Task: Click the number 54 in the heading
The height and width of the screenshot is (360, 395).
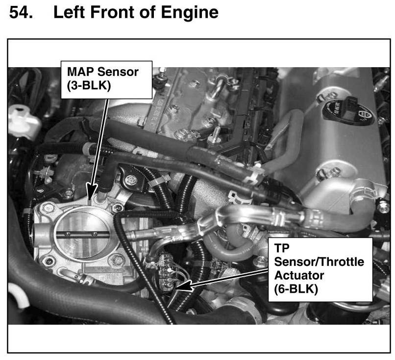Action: coord(21,12)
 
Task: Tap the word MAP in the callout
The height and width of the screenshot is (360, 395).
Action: coord(80,72)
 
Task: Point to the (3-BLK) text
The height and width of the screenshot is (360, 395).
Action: coord(89,86)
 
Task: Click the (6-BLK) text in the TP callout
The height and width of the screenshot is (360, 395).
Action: coord(296,289)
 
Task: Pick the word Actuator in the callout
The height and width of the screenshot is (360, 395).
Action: coord(299,275)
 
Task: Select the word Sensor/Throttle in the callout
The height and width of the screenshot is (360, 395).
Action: coord(319,262)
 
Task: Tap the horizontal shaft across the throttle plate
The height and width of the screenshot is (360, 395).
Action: coord(83,234)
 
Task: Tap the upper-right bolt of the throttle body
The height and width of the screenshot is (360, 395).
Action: coord(118,208)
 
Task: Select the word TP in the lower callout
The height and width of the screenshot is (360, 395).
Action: coord(282,248)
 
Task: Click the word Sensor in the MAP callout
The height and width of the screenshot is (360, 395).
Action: coord(118,72)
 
